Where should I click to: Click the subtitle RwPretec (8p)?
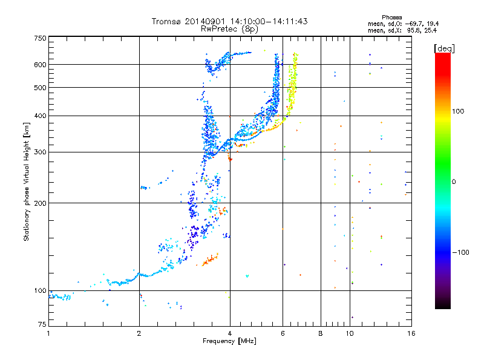point(229,29)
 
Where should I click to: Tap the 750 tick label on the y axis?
point(40,38)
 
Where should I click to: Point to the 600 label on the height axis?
point(40,65)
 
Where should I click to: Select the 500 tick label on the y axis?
point(40,88)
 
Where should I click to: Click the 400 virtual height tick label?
point(40,116)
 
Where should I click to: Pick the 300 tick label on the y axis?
point(40,152)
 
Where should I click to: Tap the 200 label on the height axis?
point(40,203)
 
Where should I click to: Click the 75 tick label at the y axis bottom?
point(42,324)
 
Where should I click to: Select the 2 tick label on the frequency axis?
point(139,333)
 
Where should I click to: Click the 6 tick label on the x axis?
point(283,333)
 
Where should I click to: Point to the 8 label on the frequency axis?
point(321,333)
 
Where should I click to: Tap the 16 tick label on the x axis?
point(411,333)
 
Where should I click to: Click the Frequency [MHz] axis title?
point(229,341)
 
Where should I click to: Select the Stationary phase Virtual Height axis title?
point(27,181)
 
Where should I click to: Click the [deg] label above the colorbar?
point(444,48)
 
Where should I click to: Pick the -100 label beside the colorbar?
point(460,252)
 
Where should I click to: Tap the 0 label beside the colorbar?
point(453,182)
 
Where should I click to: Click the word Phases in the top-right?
point(391,18)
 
